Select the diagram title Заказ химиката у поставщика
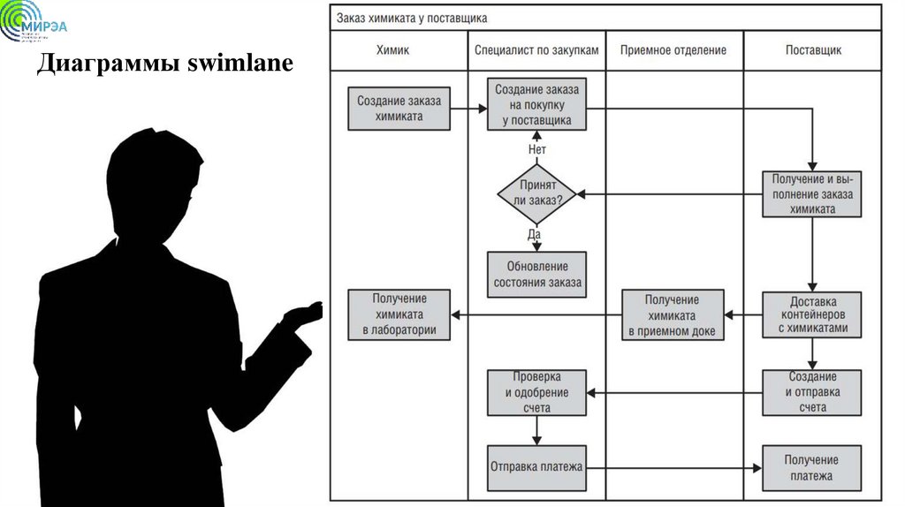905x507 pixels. pos(411,17)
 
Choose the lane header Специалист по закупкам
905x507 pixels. pos(536,50)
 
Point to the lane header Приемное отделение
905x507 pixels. pos(673,50)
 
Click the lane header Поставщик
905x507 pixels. pos(812,50)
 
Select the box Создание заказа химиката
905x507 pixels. pos(399,108)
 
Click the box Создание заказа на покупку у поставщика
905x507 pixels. pos(536,105)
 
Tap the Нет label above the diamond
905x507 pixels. pos(536,149)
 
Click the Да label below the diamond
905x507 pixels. pos(535,235)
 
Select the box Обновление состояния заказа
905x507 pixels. pos(536,274)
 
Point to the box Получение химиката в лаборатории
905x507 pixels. pos(399,315)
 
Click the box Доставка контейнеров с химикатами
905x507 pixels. pos(812,314)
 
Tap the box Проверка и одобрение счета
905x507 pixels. pos(536,392)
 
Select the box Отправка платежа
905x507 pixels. pos(536,465)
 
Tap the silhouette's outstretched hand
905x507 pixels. pos(305,312)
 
